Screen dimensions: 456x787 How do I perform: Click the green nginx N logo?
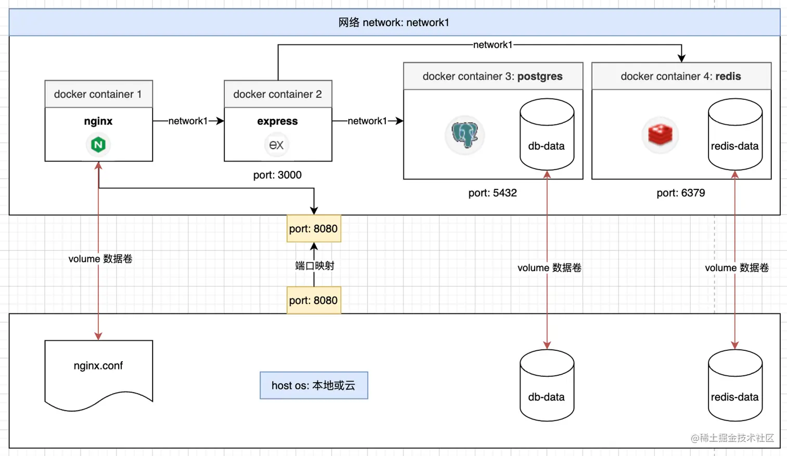point(98,144)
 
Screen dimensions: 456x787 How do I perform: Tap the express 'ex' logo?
point(276,144)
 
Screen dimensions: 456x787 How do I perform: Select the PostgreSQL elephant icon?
point(465,135)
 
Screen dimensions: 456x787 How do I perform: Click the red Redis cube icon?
point(660,135)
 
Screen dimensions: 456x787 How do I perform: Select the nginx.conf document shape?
point(98,372)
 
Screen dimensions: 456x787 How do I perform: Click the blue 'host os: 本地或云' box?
point(313,385)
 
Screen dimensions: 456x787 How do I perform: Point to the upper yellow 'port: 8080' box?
point(313,229)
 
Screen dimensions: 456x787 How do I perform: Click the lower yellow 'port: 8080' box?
point(313,300)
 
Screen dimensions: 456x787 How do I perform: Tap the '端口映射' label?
point(314,265)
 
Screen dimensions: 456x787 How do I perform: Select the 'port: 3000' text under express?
point(277,175)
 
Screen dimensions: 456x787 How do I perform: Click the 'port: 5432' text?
point(492,193)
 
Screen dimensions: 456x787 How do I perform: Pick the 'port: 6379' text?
point(680,193)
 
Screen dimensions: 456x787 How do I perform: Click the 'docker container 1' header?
point(98,94)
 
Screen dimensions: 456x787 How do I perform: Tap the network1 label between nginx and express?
point(187,121)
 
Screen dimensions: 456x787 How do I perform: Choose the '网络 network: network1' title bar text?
point(393,22)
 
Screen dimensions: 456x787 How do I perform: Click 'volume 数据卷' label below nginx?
point(100,259)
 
